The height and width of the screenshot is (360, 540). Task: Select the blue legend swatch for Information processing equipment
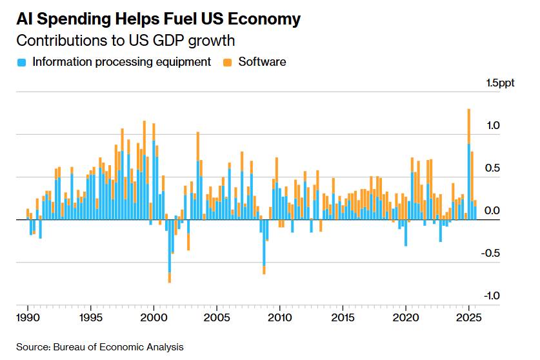(x=22, y=63)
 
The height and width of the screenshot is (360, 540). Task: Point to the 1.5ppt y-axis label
(x=501, y=83)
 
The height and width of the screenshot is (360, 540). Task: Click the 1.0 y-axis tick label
(x=493, y=126)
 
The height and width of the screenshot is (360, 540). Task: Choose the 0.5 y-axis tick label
(x=493, y=168)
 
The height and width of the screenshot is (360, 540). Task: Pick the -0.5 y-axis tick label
(x=492, y=253)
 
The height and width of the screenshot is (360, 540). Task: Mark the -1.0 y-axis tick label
(x=492, y=295)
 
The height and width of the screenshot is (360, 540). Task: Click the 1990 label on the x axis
(x=28, y=317)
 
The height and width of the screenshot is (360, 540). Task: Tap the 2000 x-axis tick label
(x=154, y=317)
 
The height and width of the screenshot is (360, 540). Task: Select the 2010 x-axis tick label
(x=279, y=317)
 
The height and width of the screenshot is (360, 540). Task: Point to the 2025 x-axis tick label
(x=468, y=317)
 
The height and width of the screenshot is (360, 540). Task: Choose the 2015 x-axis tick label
(x=343, y=317)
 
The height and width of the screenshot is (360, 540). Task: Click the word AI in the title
(x=26, y=19)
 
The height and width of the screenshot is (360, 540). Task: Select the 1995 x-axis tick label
(x=91, y=317)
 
